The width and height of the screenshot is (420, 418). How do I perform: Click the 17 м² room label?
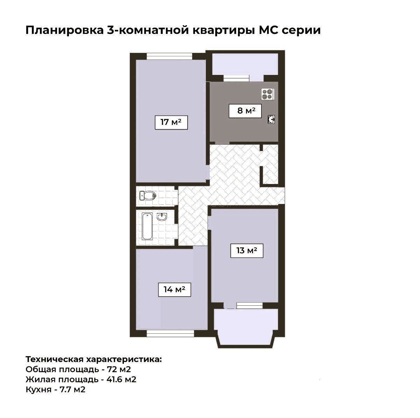(171, 122)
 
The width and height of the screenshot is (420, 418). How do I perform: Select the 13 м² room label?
(247, 251)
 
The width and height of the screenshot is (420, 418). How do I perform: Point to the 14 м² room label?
(174, 290)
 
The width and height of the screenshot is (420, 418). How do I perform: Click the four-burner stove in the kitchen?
(268, 94)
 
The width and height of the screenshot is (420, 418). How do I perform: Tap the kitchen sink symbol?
(271, 119)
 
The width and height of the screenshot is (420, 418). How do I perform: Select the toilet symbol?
(148, 196)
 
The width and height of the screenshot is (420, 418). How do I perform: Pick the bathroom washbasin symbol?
(162, 217)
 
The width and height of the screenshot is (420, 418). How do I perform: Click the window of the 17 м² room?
(169, 56)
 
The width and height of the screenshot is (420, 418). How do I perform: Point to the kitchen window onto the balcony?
(236, 78)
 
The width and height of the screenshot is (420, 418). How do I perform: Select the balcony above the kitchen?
(245, 64)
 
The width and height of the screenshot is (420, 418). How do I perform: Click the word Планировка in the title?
(64, 30)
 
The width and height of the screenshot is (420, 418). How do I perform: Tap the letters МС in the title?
(268, 30)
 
